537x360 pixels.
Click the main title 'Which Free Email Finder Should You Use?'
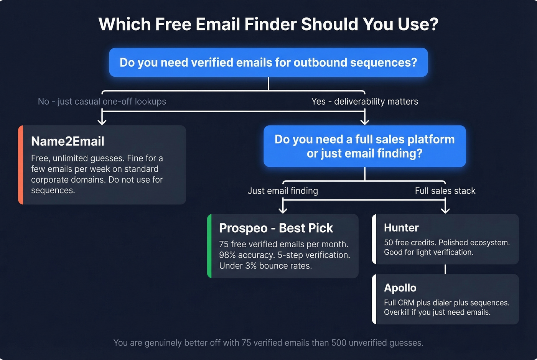tap(268, 24)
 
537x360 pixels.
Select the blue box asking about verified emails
tap(268, 62)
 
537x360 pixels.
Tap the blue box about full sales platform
tap(364, 146)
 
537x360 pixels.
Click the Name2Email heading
tap(68, 141)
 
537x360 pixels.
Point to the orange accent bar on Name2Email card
tap(21, 165)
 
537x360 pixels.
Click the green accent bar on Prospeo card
tap(209, 246)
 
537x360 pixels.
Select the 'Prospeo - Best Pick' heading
tap(276, 228)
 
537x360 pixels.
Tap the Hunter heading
tap(401, 228)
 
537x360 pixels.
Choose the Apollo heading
tap(400, 288)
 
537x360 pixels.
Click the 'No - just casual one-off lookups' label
tap(102, 101)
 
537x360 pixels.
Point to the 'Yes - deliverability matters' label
tap(364, 101)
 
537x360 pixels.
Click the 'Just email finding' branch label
tap(283, 191)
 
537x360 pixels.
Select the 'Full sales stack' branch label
tap(445, 191)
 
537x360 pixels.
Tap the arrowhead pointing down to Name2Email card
tap(102, 121)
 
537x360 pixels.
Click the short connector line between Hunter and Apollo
tap(445, 269)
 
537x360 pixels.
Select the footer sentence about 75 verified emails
tap(268, 343)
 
